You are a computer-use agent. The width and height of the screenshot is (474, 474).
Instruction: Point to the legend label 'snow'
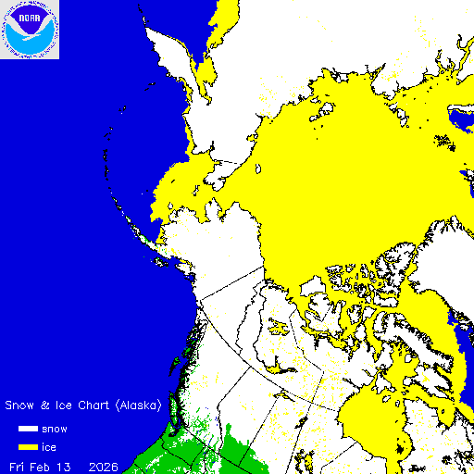coord(54,429)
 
